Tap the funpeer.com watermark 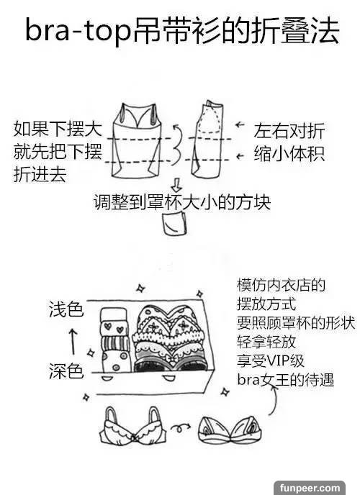(x=310, y=488)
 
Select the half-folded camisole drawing (x=207, y=139)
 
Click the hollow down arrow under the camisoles (x=176, y=185)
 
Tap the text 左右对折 (x=289, y=131)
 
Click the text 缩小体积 (x=289, y=154)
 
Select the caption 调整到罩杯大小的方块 (x=182, y=201)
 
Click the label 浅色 (x=66, y=309)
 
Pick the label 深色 (x=66, y=371)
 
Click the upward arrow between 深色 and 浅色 (x=73, y=342)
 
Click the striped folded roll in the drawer (x=116, y=343)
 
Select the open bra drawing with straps (x=133, y=426)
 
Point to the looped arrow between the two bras (x=180, y=428)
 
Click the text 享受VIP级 (x=271, y=360)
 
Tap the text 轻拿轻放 (x=266, y=342)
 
